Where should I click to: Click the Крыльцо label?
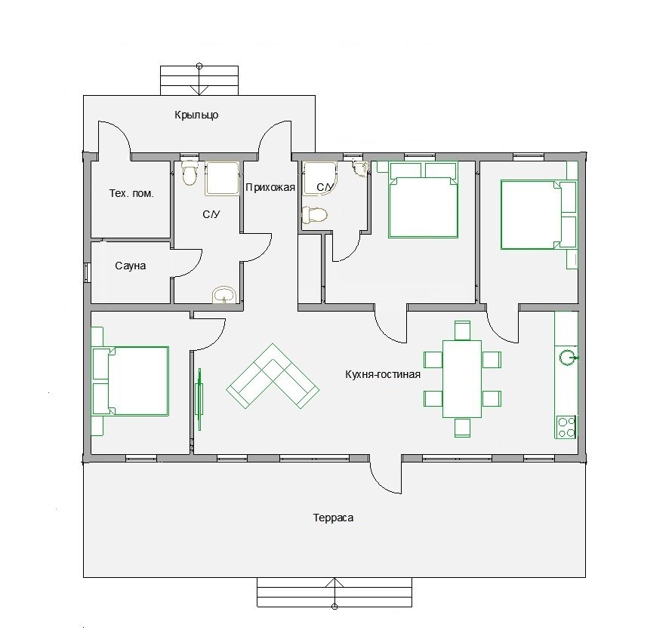tap(197, 115)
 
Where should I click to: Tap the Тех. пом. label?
tap(131, 193)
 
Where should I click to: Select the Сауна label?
tap(131, 266)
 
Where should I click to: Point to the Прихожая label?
tap(270, 187)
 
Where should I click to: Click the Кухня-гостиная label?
tap(383, 374)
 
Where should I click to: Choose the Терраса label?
tap(333, 518)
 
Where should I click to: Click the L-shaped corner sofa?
tap(273, 376)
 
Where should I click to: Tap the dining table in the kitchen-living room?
tap(462, 379)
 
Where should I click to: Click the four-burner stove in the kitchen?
tap(566, 427)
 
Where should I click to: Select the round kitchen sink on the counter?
tap(568, 358)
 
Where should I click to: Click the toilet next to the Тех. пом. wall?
tap(189, 173)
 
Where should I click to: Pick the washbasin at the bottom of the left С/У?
tap(224, 296)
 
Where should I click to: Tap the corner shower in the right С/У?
tap(319, 178)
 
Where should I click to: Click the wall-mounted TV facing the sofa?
tap(199, 399)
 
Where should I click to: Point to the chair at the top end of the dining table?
tap(462, 330)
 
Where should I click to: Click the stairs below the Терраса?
tap(334, 592)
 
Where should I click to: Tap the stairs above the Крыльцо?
tap(199, 81)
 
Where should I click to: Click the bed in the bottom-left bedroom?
tap(131, 381)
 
